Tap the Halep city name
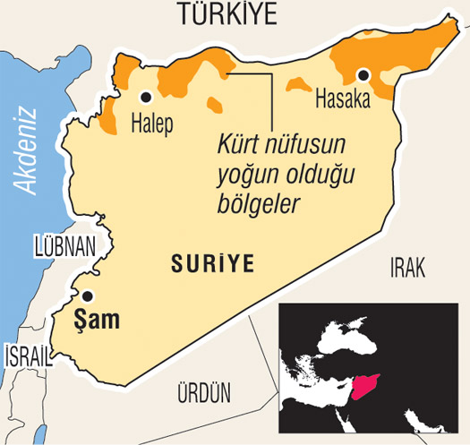[151, 123]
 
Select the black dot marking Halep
[145, 96]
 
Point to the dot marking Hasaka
[363, 75]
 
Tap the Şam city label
[98, 319]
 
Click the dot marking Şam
[87, 295]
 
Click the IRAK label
[406, 265]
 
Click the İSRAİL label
[26, 355]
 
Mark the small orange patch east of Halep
[215, 105]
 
